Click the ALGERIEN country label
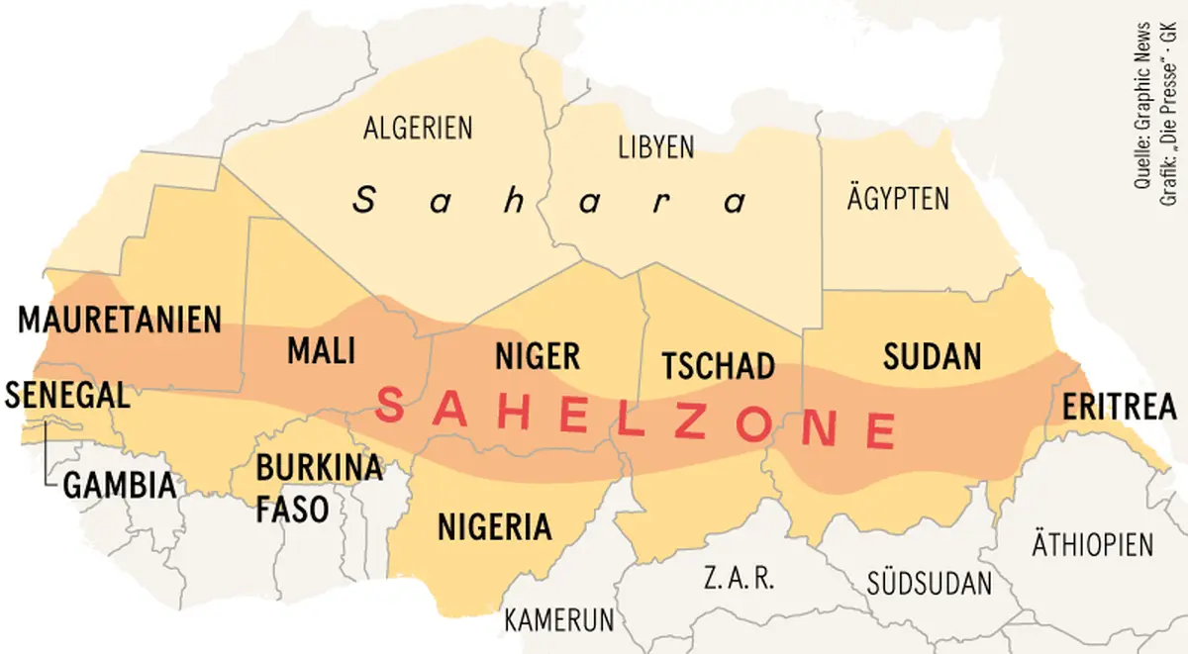point(418,128)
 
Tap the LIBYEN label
point(655,147)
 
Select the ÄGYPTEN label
point(898,198)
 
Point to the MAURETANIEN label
point(120,321)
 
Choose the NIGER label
point(538,356)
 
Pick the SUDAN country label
point(932,356)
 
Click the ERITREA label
point(1120,407)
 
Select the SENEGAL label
point(66,396)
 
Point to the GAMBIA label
point(120,485)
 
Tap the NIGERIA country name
point(494,525)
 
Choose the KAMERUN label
point(559,620)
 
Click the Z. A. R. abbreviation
point(737,578)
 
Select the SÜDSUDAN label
point(929,583)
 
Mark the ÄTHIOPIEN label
point(1093,544)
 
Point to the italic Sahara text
point(550,201)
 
